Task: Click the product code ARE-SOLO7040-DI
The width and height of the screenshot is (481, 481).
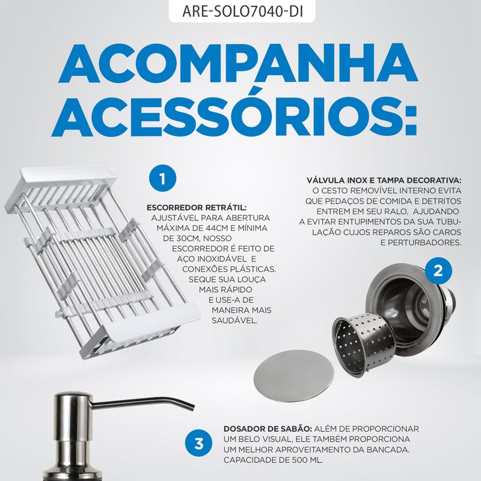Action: (x=242, y=11)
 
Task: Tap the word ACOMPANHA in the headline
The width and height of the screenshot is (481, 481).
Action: (x=238, y=63)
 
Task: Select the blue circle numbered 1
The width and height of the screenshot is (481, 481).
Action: (x=162, y=179)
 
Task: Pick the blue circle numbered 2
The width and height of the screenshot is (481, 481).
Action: (x=438, y=271)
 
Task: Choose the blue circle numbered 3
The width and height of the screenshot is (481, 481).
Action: (x=199, y=443)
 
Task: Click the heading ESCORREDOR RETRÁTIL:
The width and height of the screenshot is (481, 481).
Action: (x=197, y=207)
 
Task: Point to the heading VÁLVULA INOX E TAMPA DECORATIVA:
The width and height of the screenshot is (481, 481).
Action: (x=384, y=180)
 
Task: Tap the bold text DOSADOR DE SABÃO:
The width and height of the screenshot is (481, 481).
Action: (x=268, y=429)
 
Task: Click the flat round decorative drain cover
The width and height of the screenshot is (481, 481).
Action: (x=293, y=373)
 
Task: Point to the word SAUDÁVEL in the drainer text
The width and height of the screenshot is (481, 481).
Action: (x=234, y=320)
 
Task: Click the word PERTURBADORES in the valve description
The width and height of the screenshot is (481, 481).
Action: (x=424, y=243)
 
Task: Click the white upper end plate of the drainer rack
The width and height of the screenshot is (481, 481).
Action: (x=68, y=174)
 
